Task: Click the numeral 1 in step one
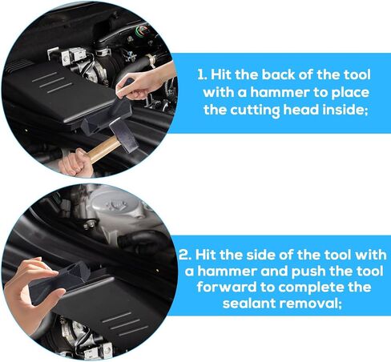click(x=201, y=74)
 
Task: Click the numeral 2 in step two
click(x=184, y=255)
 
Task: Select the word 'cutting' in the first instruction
click(x=255, y=111)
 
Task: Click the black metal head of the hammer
click(x=124, y=135)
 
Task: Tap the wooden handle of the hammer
click(x=103, y=150)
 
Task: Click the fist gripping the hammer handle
click(x=74, y=163)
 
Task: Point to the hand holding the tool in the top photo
click(x=142, y=81)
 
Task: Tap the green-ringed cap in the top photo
click(x=142, y=30)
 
